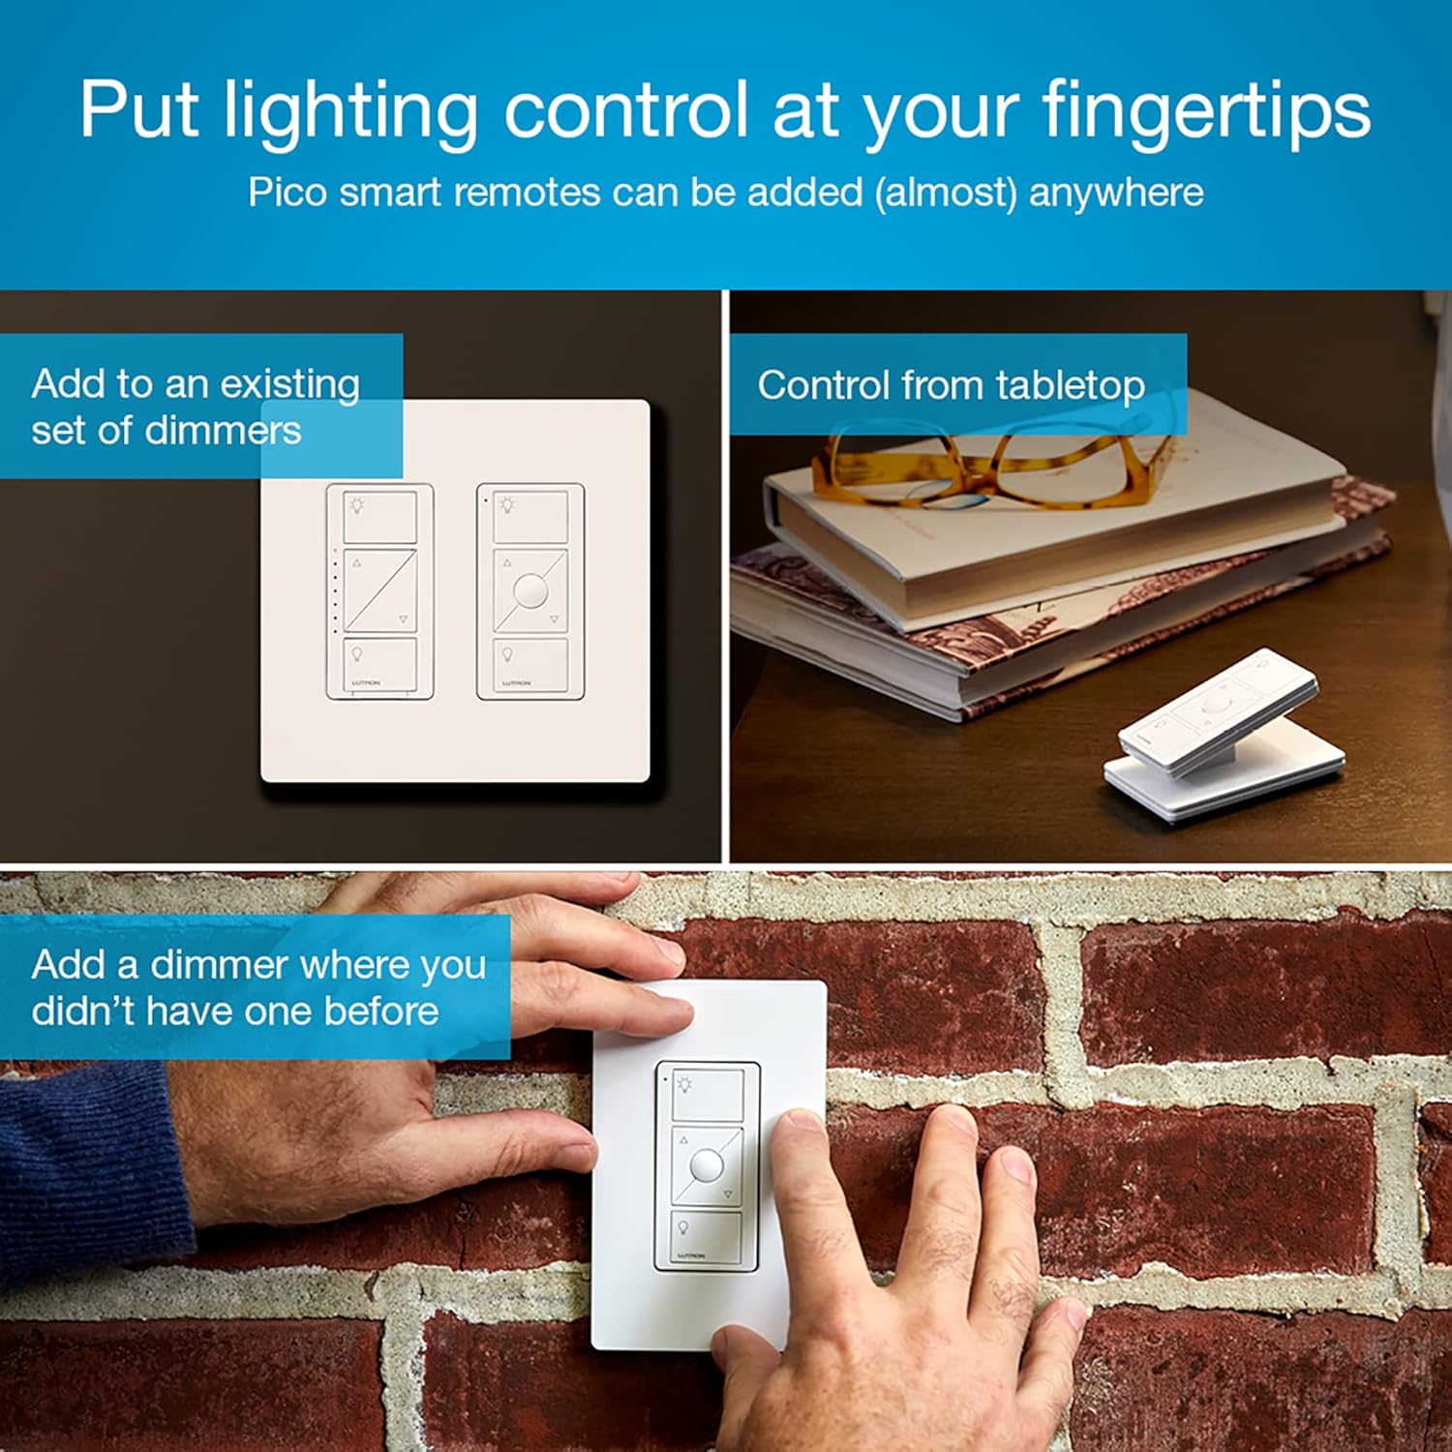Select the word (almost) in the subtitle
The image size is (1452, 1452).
(945, 193)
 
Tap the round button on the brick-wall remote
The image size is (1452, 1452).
(707, 1165)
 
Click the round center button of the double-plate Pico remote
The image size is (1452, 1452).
(530, 590)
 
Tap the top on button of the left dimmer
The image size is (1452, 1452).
(380, 516)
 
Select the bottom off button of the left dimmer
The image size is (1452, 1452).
(380, 664)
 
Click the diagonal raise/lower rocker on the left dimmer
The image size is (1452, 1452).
(380, 590)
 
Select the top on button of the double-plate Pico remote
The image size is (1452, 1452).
(530, 516)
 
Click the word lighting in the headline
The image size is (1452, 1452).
(350, 111)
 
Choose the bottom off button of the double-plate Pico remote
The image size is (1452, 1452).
(530, 664)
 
